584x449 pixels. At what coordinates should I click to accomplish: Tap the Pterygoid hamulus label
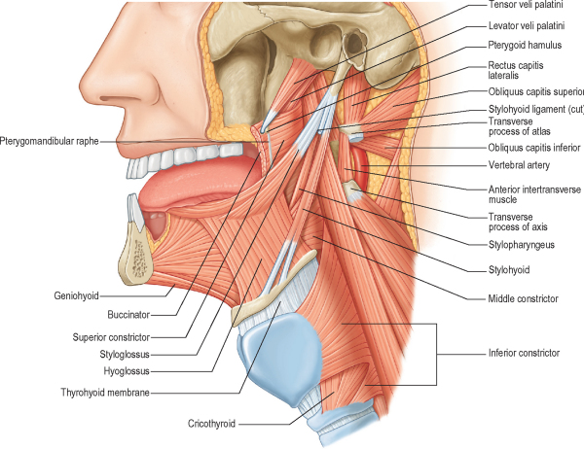pyautogui.click(x=524, y=46)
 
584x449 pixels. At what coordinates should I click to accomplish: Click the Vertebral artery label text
pyautogui.click(x=518, y=166)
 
